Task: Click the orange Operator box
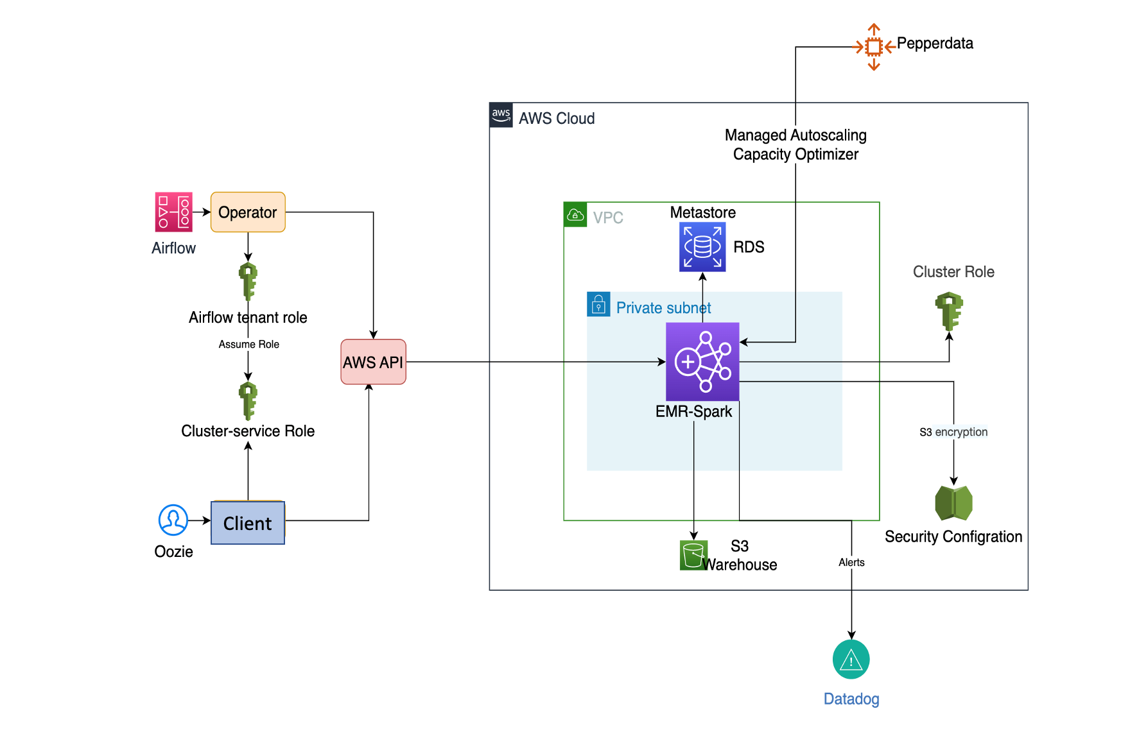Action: pyautogui.click(x=248, y=212)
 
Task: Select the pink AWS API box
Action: pyautogui.click(x=373, y=362)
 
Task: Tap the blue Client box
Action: pyautogui.click(x=248, y=523)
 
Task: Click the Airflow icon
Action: pyautogui.click(x=173, y=212)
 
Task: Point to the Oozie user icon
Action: pyautogui.click(x=173, y=520)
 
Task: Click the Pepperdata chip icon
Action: pyautogui.click(x=873, y=47)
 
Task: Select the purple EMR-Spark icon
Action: pyautogui.click(x=702, y=362)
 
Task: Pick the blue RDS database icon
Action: pyautogui.click(x=702, y=247)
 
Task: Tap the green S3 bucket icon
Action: pyautogui.click(x=693, y=555)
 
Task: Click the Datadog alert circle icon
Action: pyautogui.click(x=851, y=660)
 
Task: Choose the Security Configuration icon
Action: pyautogui.click(x=953, y=503)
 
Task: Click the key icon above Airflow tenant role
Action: pyautogui.click(x=248, y=281)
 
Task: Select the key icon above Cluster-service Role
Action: pyautogui.click(x=248, y=400)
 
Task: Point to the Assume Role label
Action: pyautogui.click(x=249, y=345)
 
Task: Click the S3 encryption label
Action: pyautogui.click(x=953, y=432)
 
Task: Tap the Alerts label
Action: pyautogui.click(x=851, y=563)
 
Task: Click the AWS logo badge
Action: pyautogui.click(x=501, y=115)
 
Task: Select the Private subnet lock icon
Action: pyautogui.click(x=598, y=304)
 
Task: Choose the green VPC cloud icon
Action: pyautogui.click(x=575, y=214)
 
